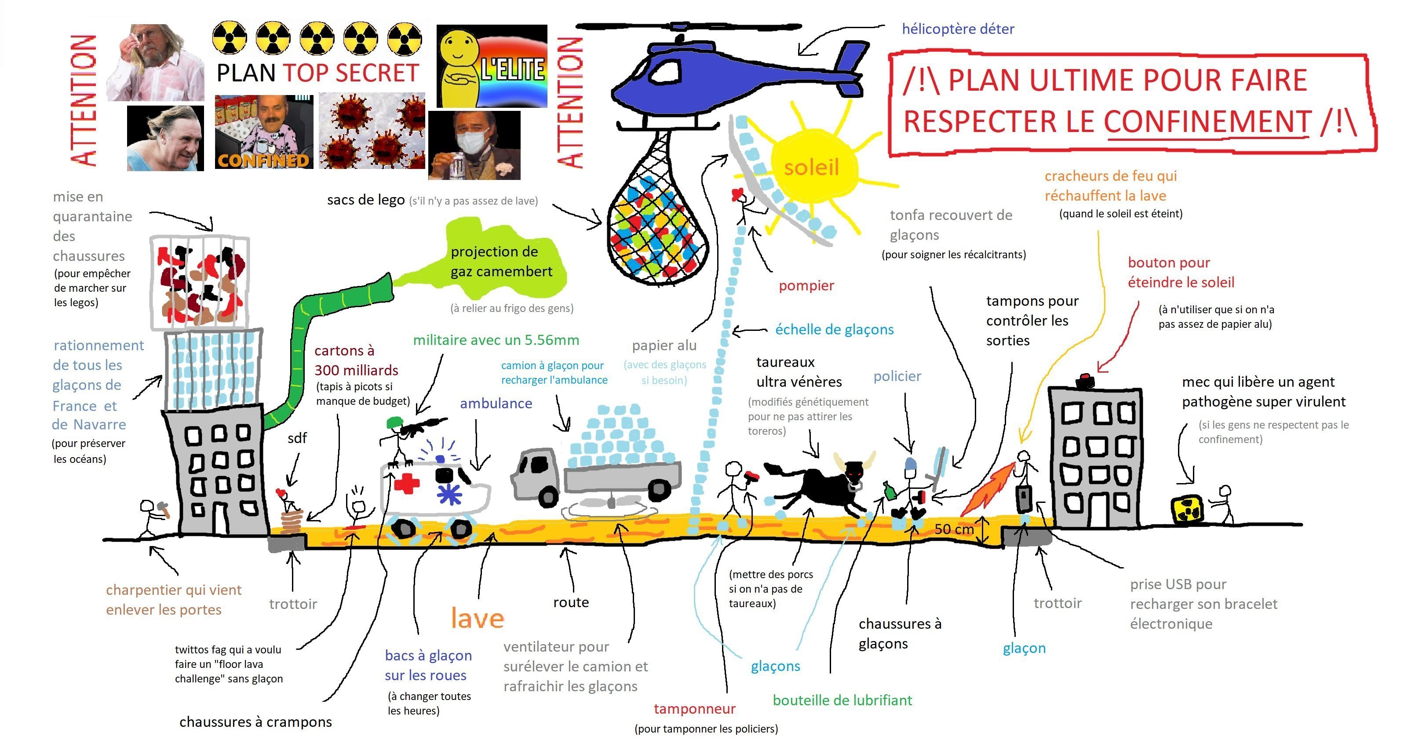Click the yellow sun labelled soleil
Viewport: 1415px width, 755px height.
coord(812,165)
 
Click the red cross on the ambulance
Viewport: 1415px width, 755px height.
coord(407,484)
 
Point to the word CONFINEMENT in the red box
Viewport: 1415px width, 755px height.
coord(1207,121)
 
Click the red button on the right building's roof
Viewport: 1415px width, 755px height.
coord(1085,380)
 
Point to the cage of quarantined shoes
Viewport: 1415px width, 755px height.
coord(199,282)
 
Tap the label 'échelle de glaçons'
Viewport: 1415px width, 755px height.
coord(835,330)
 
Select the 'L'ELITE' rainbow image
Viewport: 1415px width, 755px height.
coord(492,66)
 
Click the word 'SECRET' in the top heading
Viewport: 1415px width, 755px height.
coord(377,73)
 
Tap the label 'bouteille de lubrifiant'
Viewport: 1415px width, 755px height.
coord(842,700)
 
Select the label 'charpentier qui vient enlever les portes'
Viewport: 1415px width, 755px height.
coord(174,600)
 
